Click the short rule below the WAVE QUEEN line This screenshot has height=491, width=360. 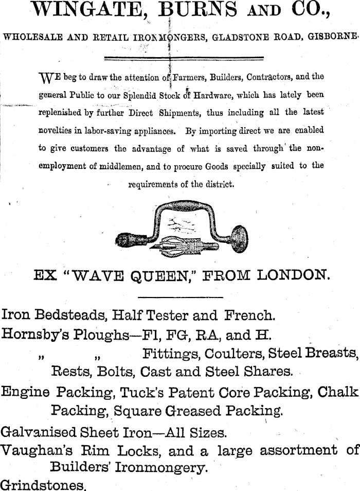181,297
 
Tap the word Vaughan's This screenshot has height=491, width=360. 39,450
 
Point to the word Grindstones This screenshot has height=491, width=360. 42,485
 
